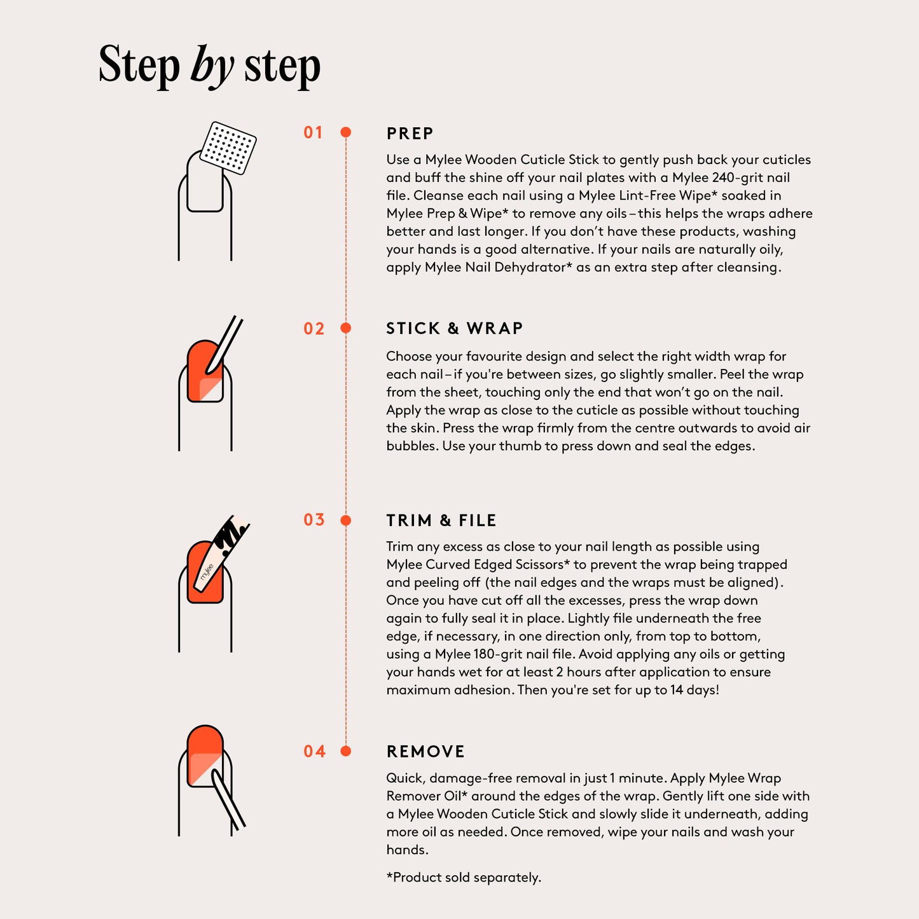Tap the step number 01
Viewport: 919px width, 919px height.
coord(314,132)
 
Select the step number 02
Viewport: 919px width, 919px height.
coord(314,329)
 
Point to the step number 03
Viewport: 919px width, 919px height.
coord(314,520)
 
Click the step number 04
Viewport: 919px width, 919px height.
coord(314,752)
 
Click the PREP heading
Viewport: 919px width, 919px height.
coord(410,134)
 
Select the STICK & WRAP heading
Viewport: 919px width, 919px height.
coord(455,329)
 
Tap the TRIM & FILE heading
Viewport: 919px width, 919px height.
coord(441,520)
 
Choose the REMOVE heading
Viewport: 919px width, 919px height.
coord(425,752)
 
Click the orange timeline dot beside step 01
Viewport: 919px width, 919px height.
coord(346,132)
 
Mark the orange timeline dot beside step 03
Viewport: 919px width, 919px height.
coord(346,520)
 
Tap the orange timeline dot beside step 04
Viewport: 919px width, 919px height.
coord(346,751)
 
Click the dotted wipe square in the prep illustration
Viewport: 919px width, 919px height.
coord(228,148)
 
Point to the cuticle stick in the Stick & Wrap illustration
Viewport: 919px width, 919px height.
coord(223,345)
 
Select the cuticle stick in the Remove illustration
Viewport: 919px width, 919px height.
coord(228,799)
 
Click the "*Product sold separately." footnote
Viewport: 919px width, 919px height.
coord(464,878)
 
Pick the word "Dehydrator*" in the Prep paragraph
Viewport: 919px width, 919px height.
coord(533,267)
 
